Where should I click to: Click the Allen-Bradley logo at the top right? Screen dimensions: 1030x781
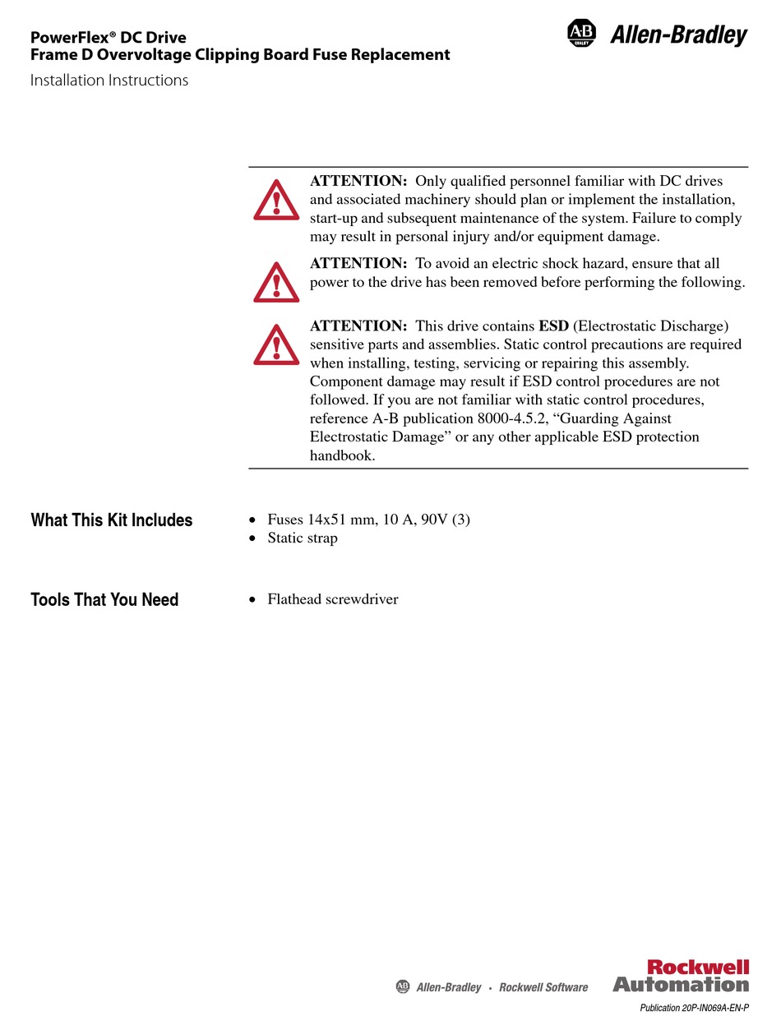(658, 35)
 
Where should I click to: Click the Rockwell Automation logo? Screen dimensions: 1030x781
(681, 976)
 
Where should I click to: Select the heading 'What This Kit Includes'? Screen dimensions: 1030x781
(112, 520)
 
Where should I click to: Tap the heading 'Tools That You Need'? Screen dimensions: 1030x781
(104, 600)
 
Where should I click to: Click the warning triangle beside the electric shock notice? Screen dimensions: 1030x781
(276, 283)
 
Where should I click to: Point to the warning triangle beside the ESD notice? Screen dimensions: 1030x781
(276, 344)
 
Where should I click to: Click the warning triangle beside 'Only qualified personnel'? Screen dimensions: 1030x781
(276, 200)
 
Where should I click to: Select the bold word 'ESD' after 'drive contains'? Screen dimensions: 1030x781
(554, 326)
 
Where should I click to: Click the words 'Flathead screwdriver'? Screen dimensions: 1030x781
(333, 599)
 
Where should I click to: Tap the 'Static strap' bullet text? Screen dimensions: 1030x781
(303, 538)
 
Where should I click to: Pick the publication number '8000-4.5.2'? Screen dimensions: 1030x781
(511, 418)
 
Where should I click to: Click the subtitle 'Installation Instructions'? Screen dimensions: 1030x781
(109, 81)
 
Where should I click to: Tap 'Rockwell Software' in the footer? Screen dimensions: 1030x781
(543, 987)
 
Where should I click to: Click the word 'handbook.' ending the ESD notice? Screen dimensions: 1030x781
(342, 455)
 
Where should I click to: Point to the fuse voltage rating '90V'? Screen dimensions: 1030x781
(436, 520)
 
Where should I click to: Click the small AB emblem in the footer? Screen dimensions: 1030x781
(403, 986)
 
